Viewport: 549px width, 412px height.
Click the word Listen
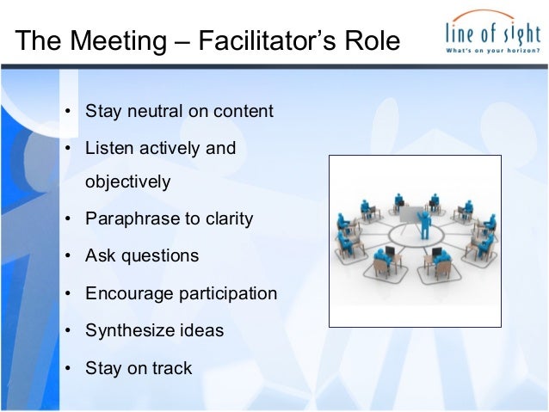pos(110,148)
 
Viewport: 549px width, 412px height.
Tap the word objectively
pos(127,182)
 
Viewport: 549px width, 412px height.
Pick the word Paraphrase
pos(126,218)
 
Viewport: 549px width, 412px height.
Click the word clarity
pos(225,218)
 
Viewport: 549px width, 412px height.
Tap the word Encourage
pos(128,294)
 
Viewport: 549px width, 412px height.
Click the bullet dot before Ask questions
pos(67,256)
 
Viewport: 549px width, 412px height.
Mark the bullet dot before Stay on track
pos(67,369)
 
